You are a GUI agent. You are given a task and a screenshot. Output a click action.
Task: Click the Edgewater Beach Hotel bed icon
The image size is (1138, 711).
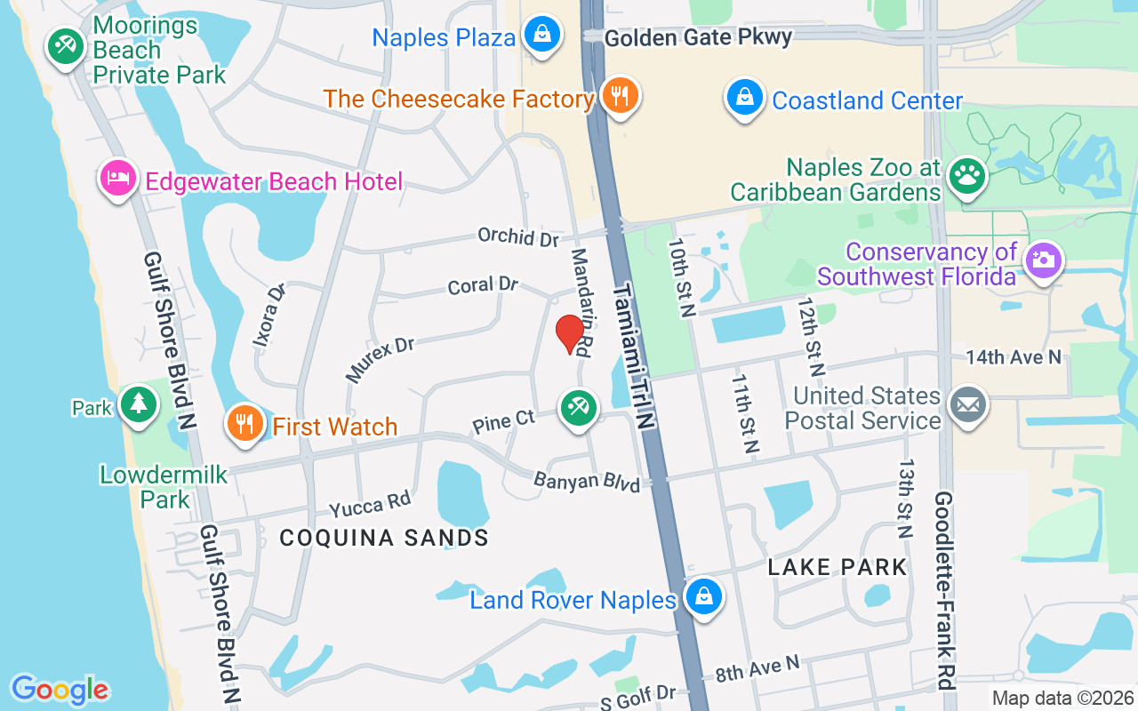coord(117,179)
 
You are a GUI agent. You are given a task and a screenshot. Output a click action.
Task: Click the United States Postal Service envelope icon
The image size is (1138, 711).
coord(968,406)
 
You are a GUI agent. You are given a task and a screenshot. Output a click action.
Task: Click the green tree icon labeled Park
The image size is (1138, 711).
coord(138,405)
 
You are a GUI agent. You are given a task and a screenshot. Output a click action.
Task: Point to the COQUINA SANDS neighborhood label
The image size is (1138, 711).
coord(384,538)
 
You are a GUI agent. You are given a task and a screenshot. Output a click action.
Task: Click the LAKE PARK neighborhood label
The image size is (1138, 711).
coord(837,567)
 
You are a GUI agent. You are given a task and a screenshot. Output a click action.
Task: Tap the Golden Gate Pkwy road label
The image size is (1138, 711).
coord(697,37)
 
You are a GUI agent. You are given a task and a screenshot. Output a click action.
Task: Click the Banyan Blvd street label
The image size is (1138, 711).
coord(587,482)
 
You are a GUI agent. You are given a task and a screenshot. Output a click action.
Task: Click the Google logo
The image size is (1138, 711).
coord(60,690)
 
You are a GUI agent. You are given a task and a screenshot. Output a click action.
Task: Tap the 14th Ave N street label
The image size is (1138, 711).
coord(1014,356)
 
